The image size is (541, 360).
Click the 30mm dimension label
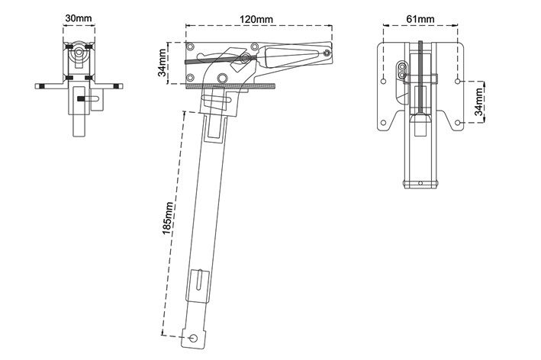(79, 18)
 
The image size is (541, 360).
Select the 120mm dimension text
(256, 19)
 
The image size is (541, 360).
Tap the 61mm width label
(420, 18)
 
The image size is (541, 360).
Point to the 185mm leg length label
(168, 218)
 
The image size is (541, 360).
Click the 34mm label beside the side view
(162, 63)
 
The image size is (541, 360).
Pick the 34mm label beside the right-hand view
(479, 101)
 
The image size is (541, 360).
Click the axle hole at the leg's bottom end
(194, 338)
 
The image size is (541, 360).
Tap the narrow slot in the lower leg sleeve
(199, 280)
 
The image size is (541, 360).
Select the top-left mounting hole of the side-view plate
(190, 47)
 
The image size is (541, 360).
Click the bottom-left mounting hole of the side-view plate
(190, 77)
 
